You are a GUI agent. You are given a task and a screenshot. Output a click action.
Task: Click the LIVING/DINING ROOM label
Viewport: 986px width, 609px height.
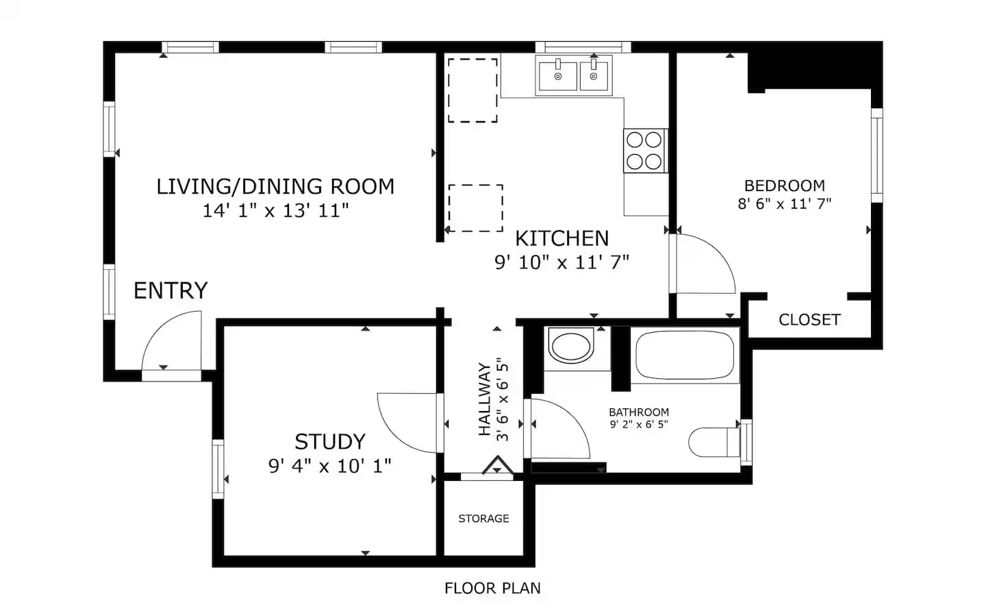click(275, 187)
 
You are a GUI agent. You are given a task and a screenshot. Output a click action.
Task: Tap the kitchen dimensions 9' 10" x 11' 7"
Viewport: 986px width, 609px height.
click(561, 262)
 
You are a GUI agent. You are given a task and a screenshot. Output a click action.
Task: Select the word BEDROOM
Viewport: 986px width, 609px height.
click(785, 186)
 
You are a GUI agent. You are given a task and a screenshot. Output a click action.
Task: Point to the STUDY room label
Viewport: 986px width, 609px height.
click(330, 442)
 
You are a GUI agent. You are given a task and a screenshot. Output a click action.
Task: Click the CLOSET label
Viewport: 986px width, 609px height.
click(809, 320)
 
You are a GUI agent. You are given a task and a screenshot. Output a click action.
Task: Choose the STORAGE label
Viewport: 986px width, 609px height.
click(483, 519)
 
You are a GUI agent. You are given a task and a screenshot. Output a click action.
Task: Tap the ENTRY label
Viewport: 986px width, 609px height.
click(170, 290)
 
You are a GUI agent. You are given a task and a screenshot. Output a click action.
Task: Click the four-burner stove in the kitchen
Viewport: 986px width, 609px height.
click(645, 151)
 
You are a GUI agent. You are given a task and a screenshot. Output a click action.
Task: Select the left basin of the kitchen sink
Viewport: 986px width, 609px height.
click(557, 76)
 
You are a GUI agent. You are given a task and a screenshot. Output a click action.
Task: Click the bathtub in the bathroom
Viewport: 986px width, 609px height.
click(685, 355)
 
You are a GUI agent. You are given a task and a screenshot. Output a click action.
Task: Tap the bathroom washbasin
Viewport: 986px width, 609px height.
click(571, 346)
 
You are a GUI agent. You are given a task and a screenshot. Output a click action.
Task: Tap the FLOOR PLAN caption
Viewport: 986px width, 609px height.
click(492, 588)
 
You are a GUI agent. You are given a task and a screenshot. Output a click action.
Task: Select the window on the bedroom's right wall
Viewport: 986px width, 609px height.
click(877, 155)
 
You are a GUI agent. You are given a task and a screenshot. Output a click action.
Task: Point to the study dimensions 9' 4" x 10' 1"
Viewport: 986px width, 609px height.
click(330, 466)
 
